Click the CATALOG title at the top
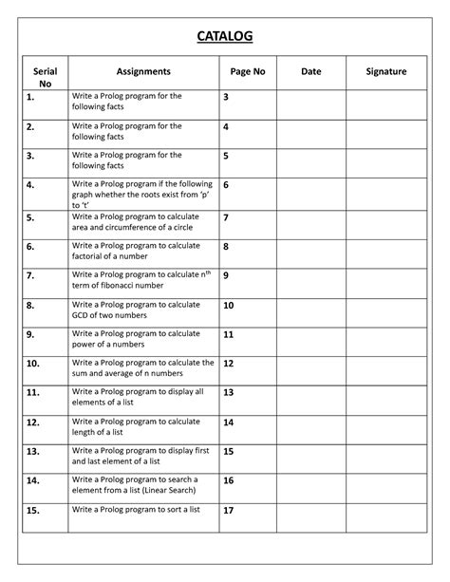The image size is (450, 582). pyautogui.click(x=225, y=36)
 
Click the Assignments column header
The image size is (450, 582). pyautogui.click(x=143, y=71)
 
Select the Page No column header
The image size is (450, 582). pyautogui.click(x=247, y=71)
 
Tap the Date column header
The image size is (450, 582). pyautogui.click(x=310, y=71)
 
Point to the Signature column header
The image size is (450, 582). pyautogui.click(x=386, y=71)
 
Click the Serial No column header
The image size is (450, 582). pyautogui.click(x=45, y=77)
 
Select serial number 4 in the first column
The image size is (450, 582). pyautogui.click(x=31, y=185)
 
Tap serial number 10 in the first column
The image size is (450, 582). pyautogui.click(x=33, y=363)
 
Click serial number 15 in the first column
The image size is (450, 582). pyautogui.click(x=33, y=510)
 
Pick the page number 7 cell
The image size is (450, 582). pyautogui.click(x=226, y=217)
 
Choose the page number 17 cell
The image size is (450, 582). pyautogui.click(x=228, y=510)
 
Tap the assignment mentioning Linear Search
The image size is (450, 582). pyautogui.click(x=141, y=486)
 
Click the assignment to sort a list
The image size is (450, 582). pyautogui.click(x=136, y=510)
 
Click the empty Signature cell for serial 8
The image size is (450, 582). pyautogui.click(x=386, y=310)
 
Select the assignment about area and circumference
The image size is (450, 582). pyautogui.click(x=138, y=222)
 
